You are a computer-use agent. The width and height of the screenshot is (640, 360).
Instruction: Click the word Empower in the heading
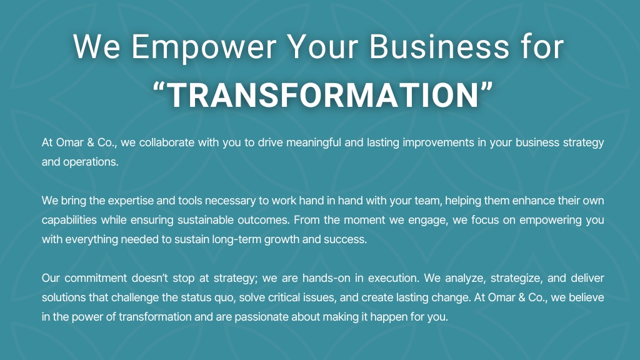[204, 47]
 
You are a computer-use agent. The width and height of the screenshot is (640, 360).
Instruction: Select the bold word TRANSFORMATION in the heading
[324, 96]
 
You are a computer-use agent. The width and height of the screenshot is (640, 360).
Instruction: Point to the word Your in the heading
[322, 46]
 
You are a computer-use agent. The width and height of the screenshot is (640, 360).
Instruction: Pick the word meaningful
[314, 143]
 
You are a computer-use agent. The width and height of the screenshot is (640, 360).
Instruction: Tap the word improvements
[438, 143]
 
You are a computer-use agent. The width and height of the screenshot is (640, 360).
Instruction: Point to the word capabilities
[69, 220]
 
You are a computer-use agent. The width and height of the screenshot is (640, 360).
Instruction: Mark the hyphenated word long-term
[236, 239]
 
